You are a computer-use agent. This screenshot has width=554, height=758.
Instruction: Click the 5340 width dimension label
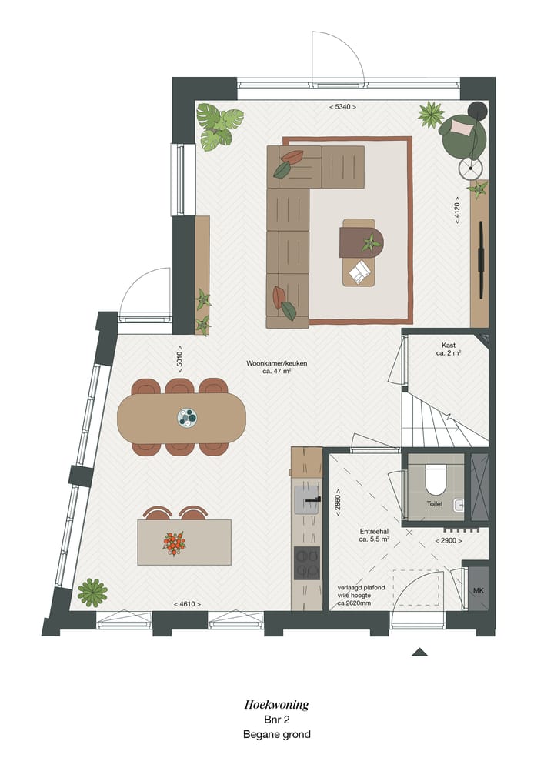tap(343, 107)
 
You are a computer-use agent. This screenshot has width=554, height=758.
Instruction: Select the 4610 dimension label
tap(188, 604)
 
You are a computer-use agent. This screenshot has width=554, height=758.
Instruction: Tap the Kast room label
tap(449, 349)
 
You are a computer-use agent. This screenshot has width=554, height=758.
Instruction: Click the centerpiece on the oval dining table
tap(187, 417)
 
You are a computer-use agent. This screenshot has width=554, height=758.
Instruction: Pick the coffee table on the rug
tap(359, 252)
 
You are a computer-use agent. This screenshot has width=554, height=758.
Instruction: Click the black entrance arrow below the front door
tap(419, 652)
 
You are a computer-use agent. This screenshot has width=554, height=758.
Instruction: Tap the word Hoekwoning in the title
tap(276, 703)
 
